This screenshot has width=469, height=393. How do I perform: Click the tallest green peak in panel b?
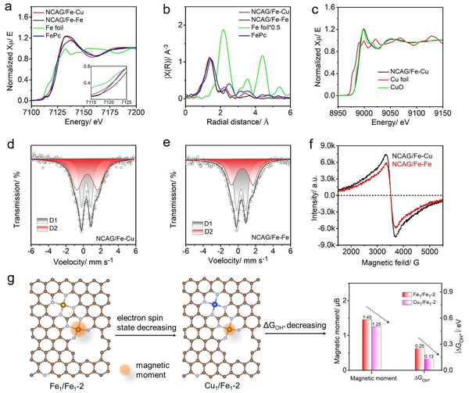pyautogui.click(x=224, y=30)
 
